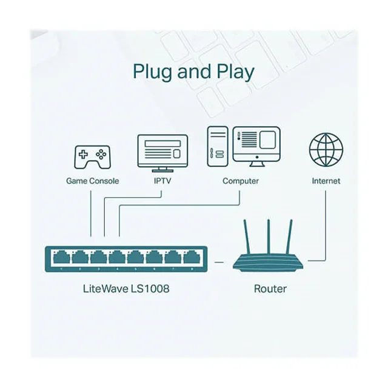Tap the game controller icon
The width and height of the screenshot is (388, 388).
(x=92, y=156)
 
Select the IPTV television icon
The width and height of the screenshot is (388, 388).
(x=162, y=152)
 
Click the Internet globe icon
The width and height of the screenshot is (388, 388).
(x=326, y=150)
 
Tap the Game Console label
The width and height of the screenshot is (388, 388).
(x=92, y=181)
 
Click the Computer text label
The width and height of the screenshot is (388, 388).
(x=241, y=181)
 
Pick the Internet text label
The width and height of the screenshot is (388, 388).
(x=326, y=181)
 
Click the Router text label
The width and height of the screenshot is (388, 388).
(x=270, y=289)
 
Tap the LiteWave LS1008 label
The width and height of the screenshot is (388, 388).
(x=125, y=289)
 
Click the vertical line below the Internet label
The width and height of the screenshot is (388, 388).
(x=326, y=224)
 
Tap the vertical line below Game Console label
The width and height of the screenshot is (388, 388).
(x=90, y=212)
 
